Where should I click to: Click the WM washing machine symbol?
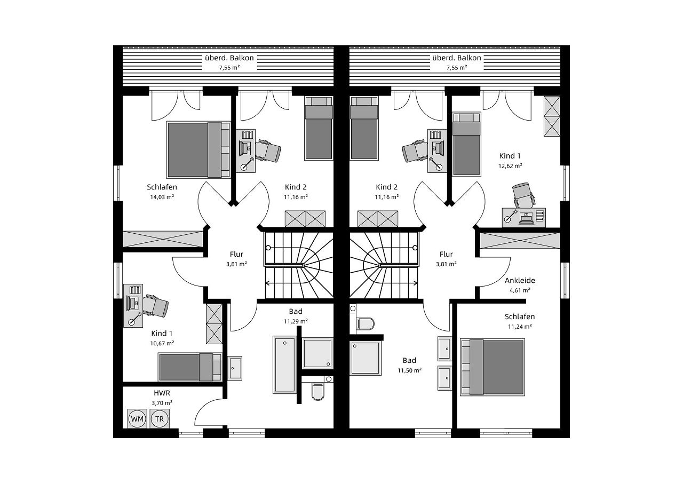click(x=138, y=419)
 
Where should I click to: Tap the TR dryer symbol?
click(x=160, y=419)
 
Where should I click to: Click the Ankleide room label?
click(x=520, y=280)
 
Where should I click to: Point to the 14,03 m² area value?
click(x=162, y=197)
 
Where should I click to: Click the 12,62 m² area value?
click(x=510, y=165)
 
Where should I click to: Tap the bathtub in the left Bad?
click(x=284, y=365)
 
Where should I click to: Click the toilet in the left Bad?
click(x=317, y=392)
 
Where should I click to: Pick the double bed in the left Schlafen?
click(x=194, y=149)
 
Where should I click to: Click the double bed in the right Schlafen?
click(x=493, y=367)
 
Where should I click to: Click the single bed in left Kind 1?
click(x=189, y=367)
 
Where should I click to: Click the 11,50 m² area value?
click(x=409, y=370)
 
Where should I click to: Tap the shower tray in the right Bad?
click(x=366, y=358)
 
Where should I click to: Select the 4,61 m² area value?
click(x=520, y=290)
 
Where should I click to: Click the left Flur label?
click(x=236, y=254)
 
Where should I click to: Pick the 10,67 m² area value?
click(x=162, y=343)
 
